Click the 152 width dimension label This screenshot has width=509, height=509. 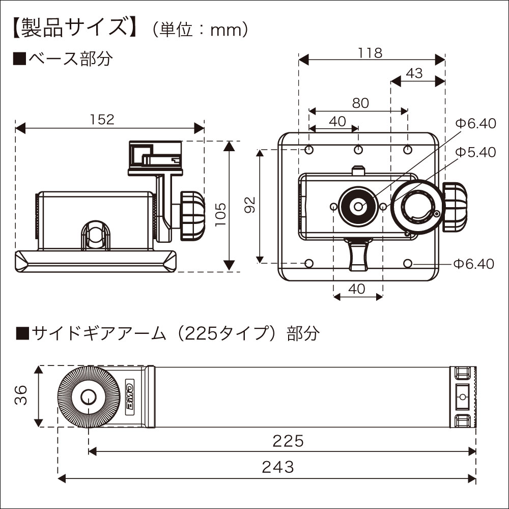[x=102, y=119]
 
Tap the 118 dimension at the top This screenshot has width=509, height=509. [x=370, y=52]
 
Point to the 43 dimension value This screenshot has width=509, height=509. [x=414, y=73]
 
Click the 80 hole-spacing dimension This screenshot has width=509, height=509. [x=360, y=103]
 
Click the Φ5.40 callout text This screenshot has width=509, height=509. [x=475, y=152]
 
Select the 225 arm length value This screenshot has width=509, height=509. [x=288, y=440]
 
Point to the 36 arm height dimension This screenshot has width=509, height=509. [x=20, y=395]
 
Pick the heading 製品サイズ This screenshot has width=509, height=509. [x=74, y=28]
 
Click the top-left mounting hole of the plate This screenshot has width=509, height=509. [x=309, y=150]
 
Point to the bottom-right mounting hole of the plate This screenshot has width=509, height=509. [x=408, y=263]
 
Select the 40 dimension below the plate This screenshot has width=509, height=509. [x=357, y=289]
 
